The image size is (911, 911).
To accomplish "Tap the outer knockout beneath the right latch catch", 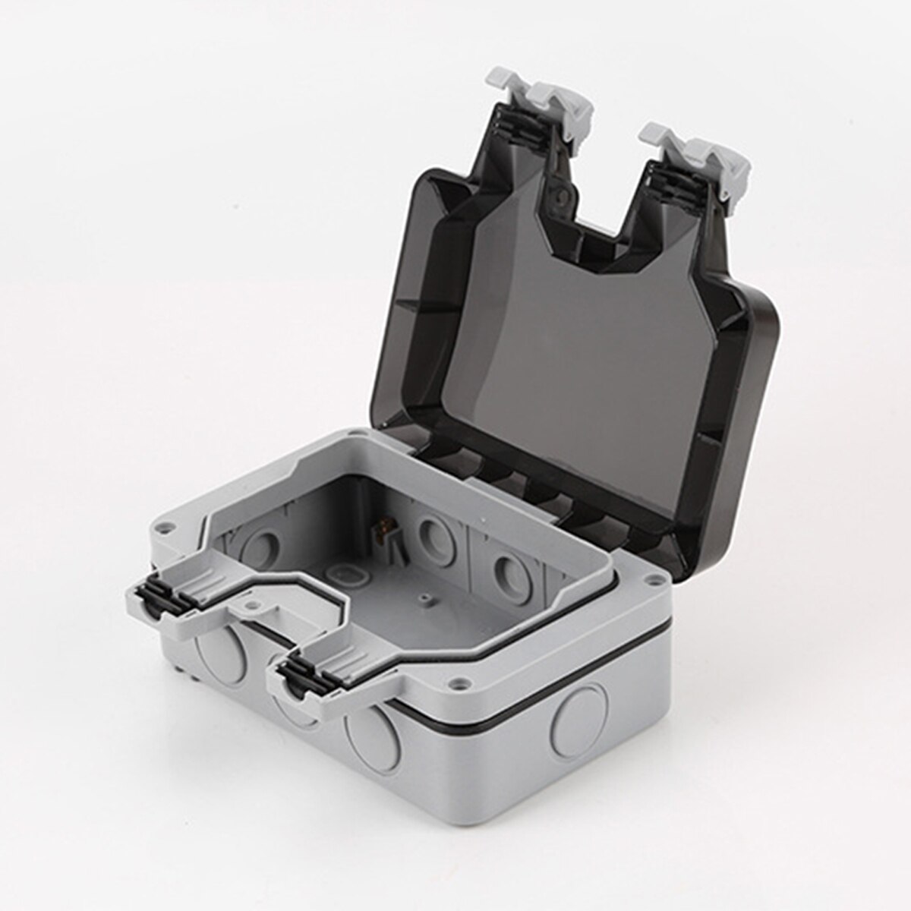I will pos(369,728).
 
